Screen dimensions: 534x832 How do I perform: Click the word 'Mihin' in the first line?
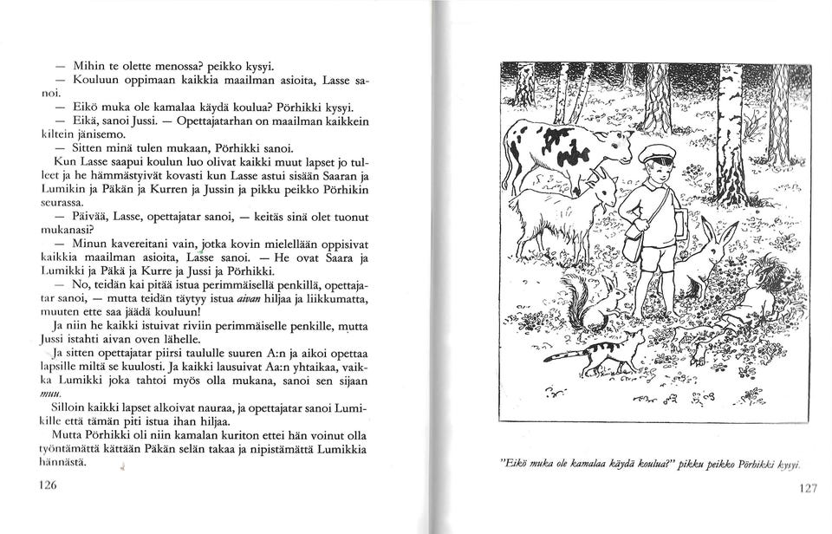89,65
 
